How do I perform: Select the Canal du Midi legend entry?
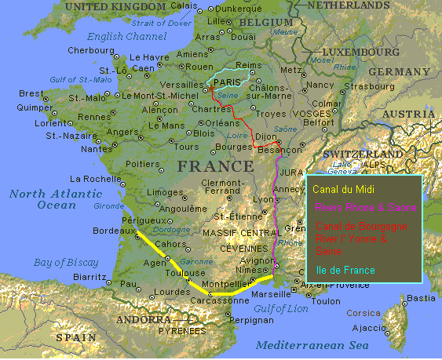343,189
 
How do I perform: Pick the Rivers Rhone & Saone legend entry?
364,208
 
